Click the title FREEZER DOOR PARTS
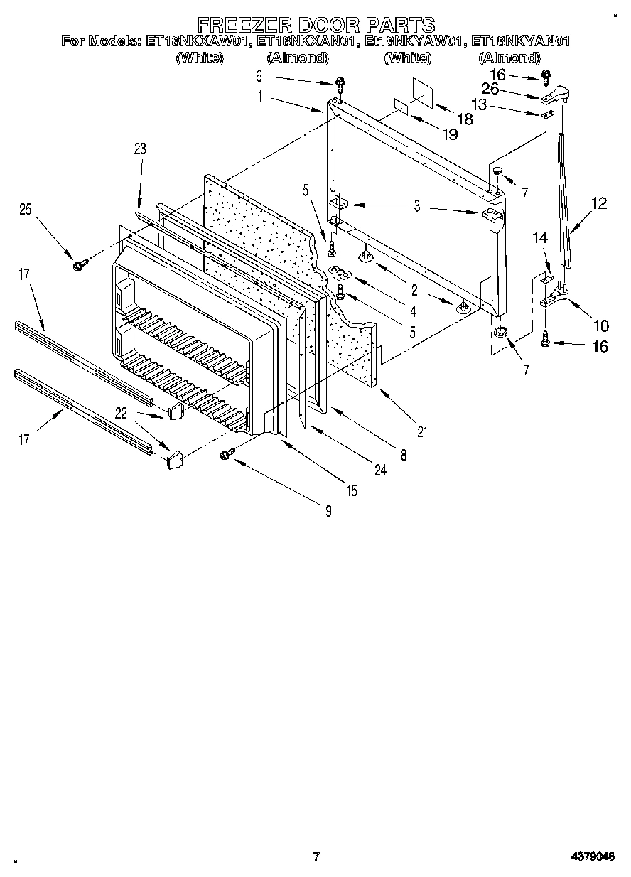[x=315, y=25]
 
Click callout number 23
[x=139, y=149]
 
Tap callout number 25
[x=26, y=209]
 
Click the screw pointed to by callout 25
[x=78, y=265]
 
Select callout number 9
[x=328, y=510]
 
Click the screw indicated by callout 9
[x=229, y=453]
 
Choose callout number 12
[x=599, y=204]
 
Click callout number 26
[x=509, y=90]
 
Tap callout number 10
[x=601, y=326]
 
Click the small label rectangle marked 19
[x=401, y=106]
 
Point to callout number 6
[x=259, y=75]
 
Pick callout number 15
[x=352, y=490]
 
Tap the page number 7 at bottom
[x=317, y=856]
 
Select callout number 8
[x=403, y=456]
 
